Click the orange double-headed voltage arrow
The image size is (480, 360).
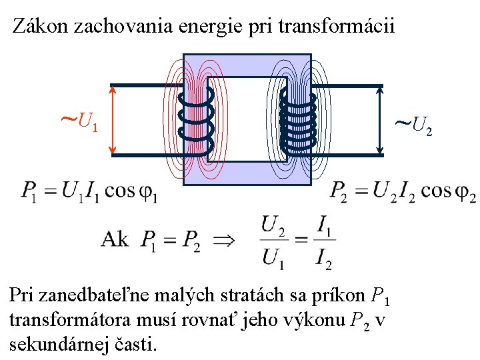pos(113,120)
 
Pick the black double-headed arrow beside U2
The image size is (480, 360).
pos(379,120)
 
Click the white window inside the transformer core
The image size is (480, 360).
pos(247,119)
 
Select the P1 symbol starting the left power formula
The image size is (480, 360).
pos(30,192)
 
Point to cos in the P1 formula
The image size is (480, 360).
pos(121,191)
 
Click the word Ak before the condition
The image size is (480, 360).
pos(115,239)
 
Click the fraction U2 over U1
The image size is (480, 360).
pos(273,241)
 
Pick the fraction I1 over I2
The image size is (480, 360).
pos(323,241)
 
